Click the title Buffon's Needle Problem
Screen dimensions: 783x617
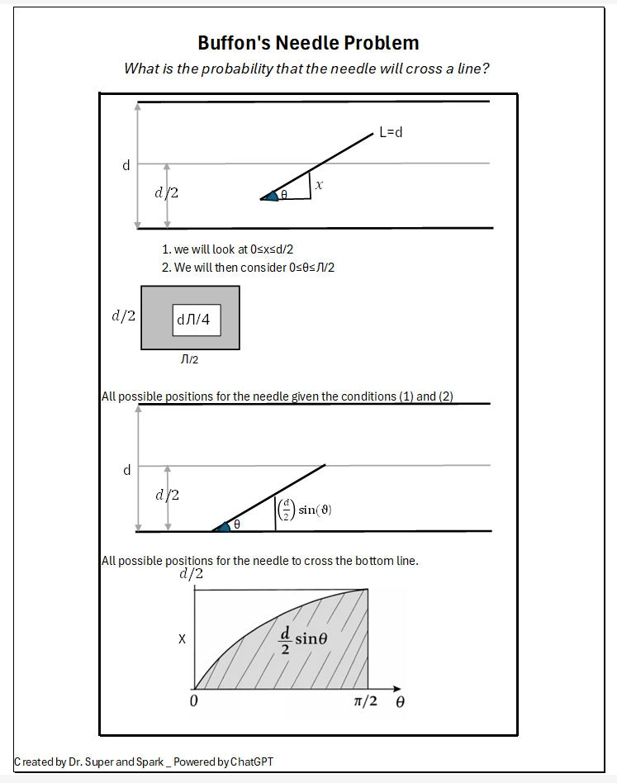coord(308,43)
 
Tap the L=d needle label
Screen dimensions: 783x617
coord(391,132)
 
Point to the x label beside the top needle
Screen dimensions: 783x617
coord(319,187)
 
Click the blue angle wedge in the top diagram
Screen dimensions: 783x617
coord(271,196)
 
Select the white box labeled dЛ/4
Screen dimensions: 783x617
coord(197,319)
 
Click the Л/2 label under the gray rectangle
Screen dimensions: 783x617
coord(189,359)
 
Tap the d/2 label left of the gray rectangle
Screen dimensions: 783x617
coord(123,316)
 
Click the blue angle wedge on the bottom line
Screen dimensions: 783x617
coord(222,526)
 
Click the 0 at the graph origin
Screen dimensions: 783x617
coord(193,701)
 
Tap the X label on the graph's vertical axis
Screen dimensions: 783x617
coord(182,639)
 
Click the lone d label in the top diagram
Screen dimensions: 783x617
coord(126,165)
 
